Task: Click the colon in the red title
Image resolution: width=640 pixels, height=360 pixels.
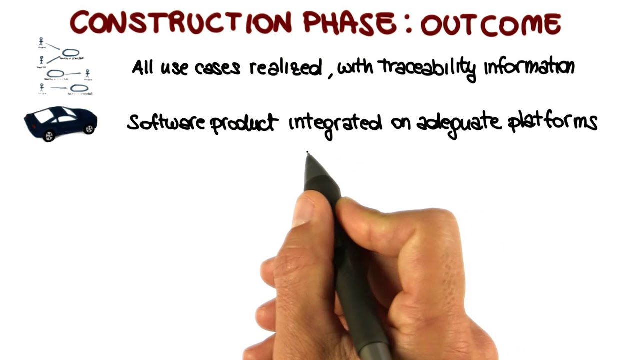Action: tap(409, 24)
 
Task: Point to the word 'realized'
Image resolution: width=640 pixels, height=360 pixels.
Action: tap(285, 67)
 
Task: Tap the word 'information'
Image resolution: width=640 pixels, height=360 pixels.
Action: tap(529, 67)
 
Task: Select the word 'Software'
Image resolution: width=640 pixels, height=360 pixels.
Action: tap(166, 122)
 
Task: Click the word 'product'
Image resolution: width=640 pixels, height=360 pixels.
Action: tap(243, 123)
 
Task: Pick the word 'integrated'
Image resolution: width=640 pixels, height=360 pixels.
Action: tap(335, 123)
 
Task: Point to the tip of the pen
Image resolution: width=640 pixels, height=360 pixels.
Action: tap(307, 152)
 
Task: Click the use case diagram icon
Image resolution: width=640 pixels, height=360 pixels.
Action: tap(65, 66)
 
